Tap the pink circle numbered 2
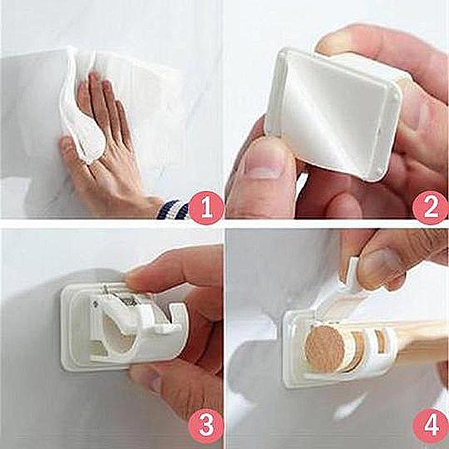[x=430, y=208]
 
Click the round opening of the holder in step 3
[x=109, y=337]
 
